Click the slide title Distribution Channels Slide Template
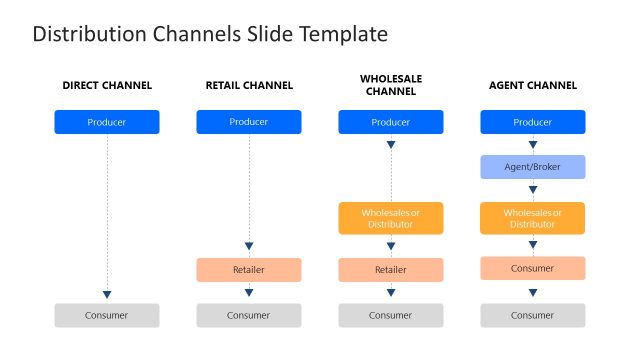coord(210,34)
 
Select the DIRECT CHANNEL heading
coord(107,85)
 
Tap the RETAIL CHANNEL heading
coord(249,85)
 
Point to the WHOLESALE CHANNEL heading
coord(390,85)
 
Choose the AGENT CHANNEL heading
coord(532,85)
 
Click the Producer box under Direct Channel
coord(107,122)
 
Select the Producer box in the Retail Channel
coord(249,122)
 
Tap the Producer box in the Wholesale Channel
coord(390,122)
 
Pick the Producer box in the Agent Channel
coord(532,122)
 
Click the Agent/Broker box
coord(532,167)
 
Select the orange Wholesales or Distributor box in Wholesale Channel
coord(390,218)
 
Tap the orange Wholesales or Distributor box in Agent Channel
coord(532,218)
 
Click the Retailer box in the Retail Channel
coord(249,270)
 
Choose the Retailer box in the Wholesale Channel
coord(390,270)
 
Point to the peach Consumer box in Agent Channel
coord(532,268)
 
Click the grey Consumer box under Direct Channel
coord(107,315)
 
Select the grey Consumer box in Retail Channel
coord(249,315)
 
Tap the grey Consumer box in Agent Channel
coord(532,315)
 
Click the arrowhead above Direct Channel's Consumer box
coord(107,294)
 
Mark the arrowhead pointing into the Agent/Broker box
coord(532,145)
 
